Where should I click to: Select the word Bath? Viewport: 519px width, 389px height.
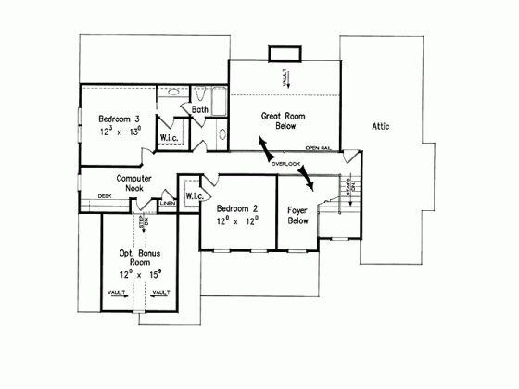[200, 110]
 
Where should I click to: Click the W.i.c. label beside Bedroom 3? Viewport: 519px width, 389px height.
[170, 138]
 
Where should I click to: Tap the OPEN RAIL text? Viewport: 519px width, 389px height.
[319, 147]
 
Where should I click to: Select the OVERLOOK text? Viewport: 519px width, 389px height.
[286, 164]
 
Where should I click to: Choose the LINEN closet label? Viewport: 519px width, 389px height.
[168, 203]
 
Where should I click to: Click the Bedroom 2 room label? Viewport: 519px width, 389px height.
[237, 209]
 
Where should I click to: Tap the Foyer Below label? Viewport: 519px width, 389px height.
[297, 216]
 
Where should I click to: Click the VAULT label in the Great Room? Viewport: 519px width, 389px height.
[286, 78]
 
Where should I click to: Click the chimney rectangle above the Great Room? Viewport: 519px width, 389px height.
[281, 53]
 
